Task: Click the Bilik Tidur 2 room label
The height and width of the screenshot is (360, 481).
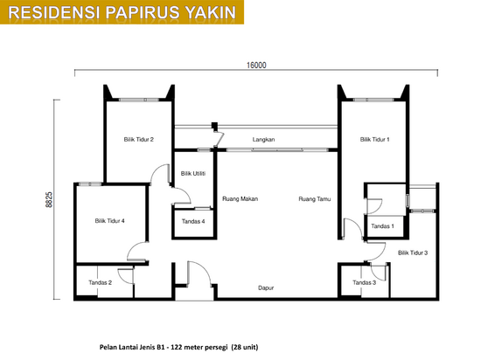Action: [x=139, y=140]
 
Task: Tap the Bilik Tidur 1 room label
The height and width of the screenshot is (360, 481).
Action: [x=374, y=140]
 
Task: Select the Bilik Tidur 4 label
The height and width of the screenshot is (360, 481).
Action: [x=109, y=220]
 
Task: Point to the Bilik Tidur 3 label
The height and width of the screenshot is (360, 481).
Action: [x=413, y=253]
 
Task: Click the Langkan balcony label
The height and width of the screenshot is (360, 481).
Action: [x=263, y=140]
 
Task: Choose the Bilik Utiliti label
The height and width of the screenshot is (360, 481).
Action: [x=193, y=173]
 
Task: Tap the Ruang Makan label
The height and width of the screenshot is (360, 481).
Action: [x=240, y=199]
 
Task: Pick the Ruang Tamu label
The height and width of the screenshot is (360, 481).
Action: [x=315, y=199]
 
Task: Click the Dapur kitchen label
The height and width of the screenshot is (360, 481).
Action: [x=266, y=288]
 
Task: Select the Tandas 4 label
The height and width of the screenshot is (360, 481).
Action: [x=193, y=221]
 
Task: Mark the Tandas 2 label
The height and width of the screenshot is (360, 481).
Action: [x=100, y=282]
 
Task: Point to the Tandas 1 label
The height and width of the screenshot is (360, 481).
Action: [x=382, y=226]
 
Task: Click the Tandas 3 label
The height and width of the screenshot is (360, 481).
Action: [x=364, y=282]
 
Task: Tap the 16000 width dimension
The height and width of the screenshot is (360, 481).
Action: [x=256, y=66]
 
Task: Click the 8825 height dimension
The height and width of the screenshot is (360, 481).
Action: [x=49, y=200]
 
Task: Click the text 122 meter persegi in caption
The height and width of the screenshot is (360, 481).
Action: [x=199, y=347]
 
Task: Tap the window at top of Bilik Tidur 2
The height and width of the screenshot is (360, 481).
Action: [x=139, y=100]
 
